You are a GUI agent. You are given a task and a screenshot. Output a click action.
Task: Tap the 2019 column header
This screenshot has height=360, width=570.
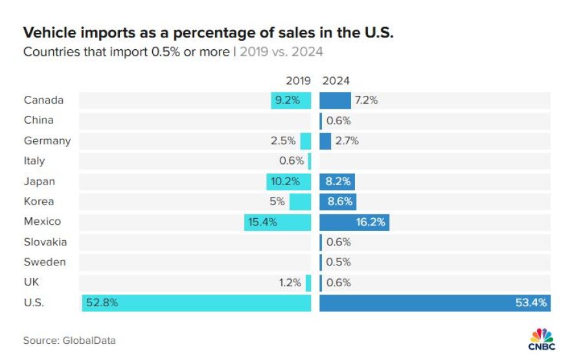click(x=299, y=81)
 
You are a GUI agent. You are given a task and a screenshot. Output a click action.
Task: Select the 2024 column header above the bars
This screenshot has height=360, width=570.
click(x=336, y=81)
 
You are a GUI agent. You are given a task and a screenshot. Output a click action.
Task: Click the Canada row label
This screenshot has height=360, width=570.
click(x=43, y=100)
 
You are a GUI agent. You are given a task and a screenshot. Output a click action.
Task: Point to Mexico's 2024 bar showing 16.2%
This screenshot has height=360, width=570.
click(x=354, y=222)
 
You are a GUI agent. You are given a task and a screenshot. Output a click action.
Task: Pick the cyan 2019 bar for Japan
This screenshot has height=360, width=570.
click(x=288, y=182)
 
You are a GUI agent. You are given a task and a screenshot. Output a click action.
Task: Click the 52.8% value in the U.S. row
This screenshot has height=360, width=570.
click(x=104, y=302)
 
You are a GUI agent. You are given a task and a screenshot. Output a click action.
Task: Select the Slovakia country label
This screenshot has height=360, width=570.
click(x=45, y=242)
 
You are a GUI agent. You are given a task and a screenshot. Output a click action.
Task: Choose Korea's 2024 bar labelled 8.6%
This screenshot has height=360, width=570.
click(x=338, y=202)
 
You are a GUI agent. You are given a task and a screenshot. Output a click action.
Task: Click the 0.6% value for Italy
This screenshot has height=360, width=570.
click(x=291, y=161)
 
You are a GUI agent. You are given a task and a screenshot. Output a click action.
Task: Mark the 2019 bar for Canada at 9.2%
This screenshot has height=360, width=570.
click(x=291, y=100)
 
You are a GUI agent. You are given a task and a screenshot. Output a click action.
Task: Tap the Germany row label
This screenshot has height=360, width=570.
click(x=47, y=141)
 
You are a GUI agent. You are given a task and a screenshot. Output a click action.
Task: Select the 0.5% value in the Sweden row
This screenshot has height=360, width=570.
click(x=339, y=262)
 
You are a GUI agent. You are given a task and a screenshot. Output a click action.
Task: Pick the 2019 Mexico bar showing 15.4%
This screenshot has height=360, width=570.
click(x=277, y=222)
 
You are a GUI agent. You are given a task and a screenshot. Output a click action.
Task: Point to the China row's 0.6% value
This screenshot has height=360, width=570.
click(x=339, y=120)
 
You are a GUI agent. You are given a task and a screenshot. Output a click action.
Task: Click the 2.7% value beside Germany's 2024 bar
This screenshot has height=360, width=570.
click(x=347, y=141)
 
